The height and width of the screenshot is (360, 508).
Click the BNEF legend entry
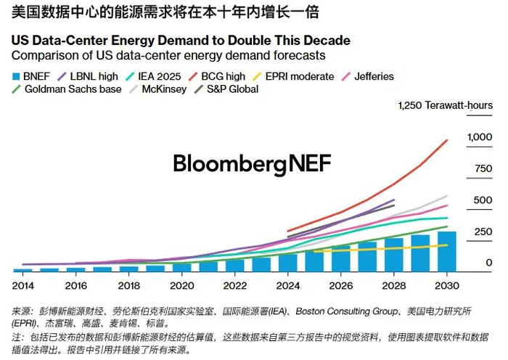coord(33,76)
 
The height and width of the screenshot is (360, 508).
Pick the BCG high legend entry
coord(218,76)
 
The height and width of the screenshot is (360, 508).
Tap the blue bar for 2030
coord(447,251)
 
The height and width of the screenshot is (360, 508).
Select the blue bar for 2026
coord(340,258)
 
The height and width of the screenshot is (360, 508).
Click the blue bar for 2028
coord(393,254)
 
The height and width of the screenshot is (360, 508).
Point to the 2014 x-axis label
coord(22,287)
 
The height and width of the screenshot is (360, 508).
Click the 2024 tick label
coord(288,287)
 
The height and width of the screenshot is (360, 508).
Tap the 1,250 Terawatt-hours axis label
coord(445,106)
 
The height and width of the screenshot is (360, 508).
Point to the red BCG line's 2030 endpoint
coord(447,140)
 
